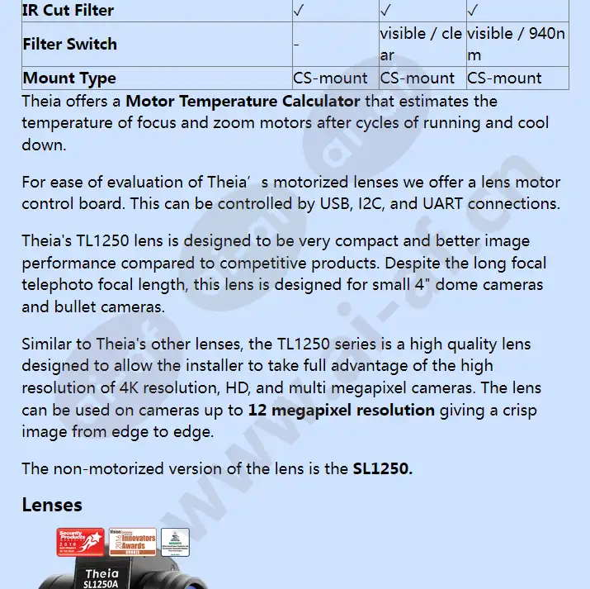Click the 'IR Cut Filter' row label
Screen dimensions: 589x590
point(68,11)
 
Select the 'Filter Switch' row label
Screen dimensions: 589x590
point(69,44)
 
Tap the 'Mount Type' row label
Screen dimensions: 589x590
point(69,78)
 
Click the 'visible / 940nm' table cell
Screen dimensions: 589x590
point(516,45)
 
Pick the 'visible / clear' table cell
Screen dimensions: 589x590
point(421,45)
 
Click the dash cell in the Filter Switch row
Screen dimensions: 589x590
point(296,45)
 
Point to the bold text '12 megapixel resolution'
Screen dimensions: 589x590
point(341,410)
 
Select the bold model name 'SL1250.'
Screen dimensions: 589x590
point(382,468)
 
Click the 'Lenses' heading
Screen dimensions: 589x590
point(52,505)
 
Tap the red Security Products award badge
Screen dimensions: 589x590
point(81,543)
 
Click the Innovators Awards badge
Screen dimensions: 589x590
point(132,543)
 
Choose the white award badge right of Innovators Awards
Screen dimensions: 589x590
point(175,543)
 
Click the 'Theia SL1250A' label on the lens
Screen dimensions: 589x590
point(101,577)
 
